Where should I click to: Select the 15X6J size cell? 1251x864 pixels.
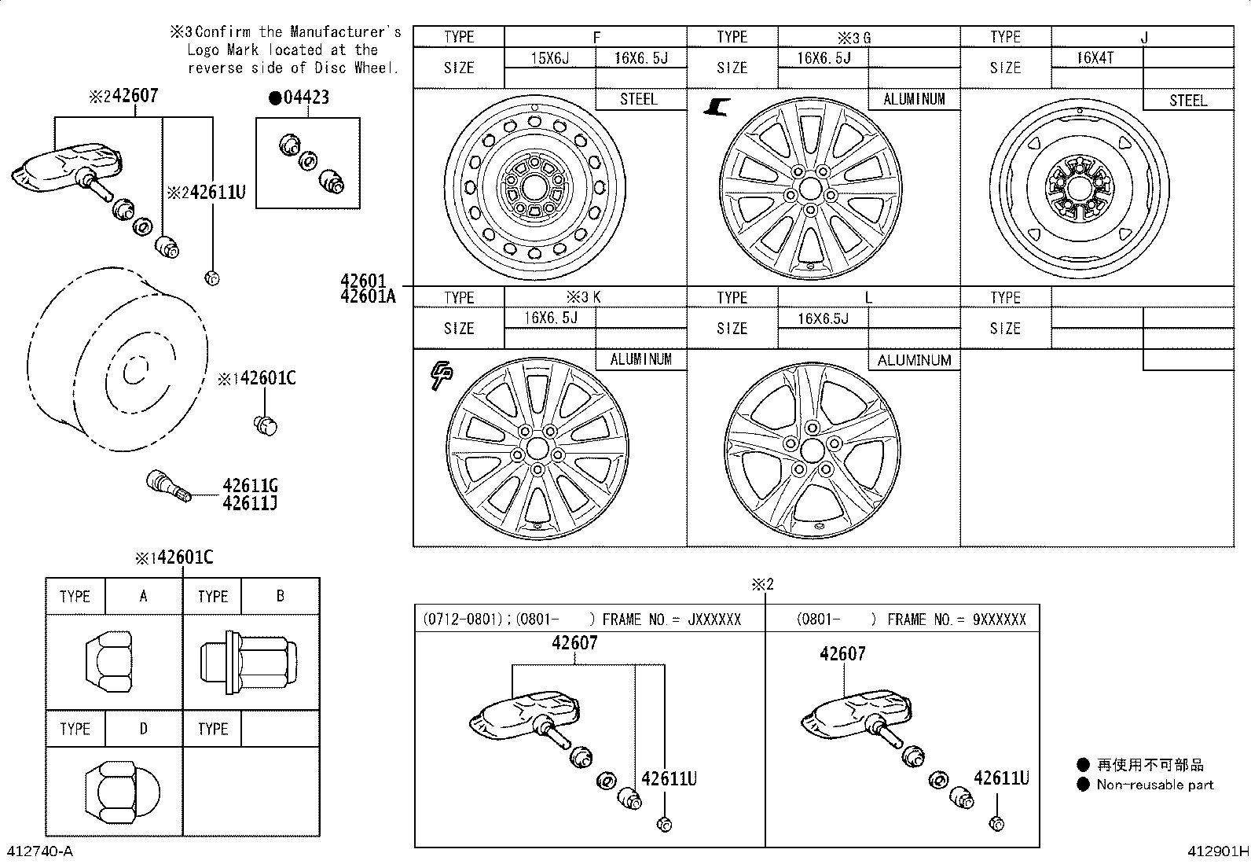pyautogui.click(x=549, y=58)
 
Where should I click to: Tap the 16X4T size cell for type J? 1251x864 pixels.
pyautogui.click(x=1095, y=58)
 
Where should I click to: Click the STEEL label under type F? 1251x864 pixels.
pyautogui.click(x=639, y=99)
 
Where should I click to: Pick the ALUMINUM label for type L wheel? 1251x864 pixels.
pyautogui.click(x=914, y=360)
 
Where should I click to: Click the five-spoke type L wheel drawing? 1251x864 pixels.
pyautogui.click(x=812, y=451)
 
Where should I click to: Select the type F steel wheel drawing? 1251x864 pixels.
pyautogui.click(x=537, y=187)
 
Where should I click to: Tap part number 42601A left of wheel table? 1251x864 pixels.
pyautogui.click(x=369, y=296)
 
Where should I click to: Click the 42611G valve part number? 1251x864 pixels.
pyautogui.click(x=250, y=486)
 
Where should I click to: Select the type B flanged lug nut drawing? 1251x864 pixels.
pyautogui.click(x=249, y=659)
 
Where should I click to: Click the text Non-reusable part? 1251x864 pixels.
pyautogui.click(x=1154, y=785)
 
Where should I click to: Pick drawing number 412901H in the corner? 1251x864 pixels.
pyautogui.click(x=1217, y=851)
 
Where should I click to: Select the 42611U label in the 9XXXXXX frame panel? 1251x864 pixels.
pyautogui.click(x=1000, y=778)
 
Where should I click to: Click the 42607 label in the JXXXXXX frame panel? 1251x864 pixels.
pyautogui.click(x=574, y=643)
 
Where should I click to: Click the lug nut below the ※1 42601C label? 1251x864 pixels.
pyautogui.click(x=266, y=425)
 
